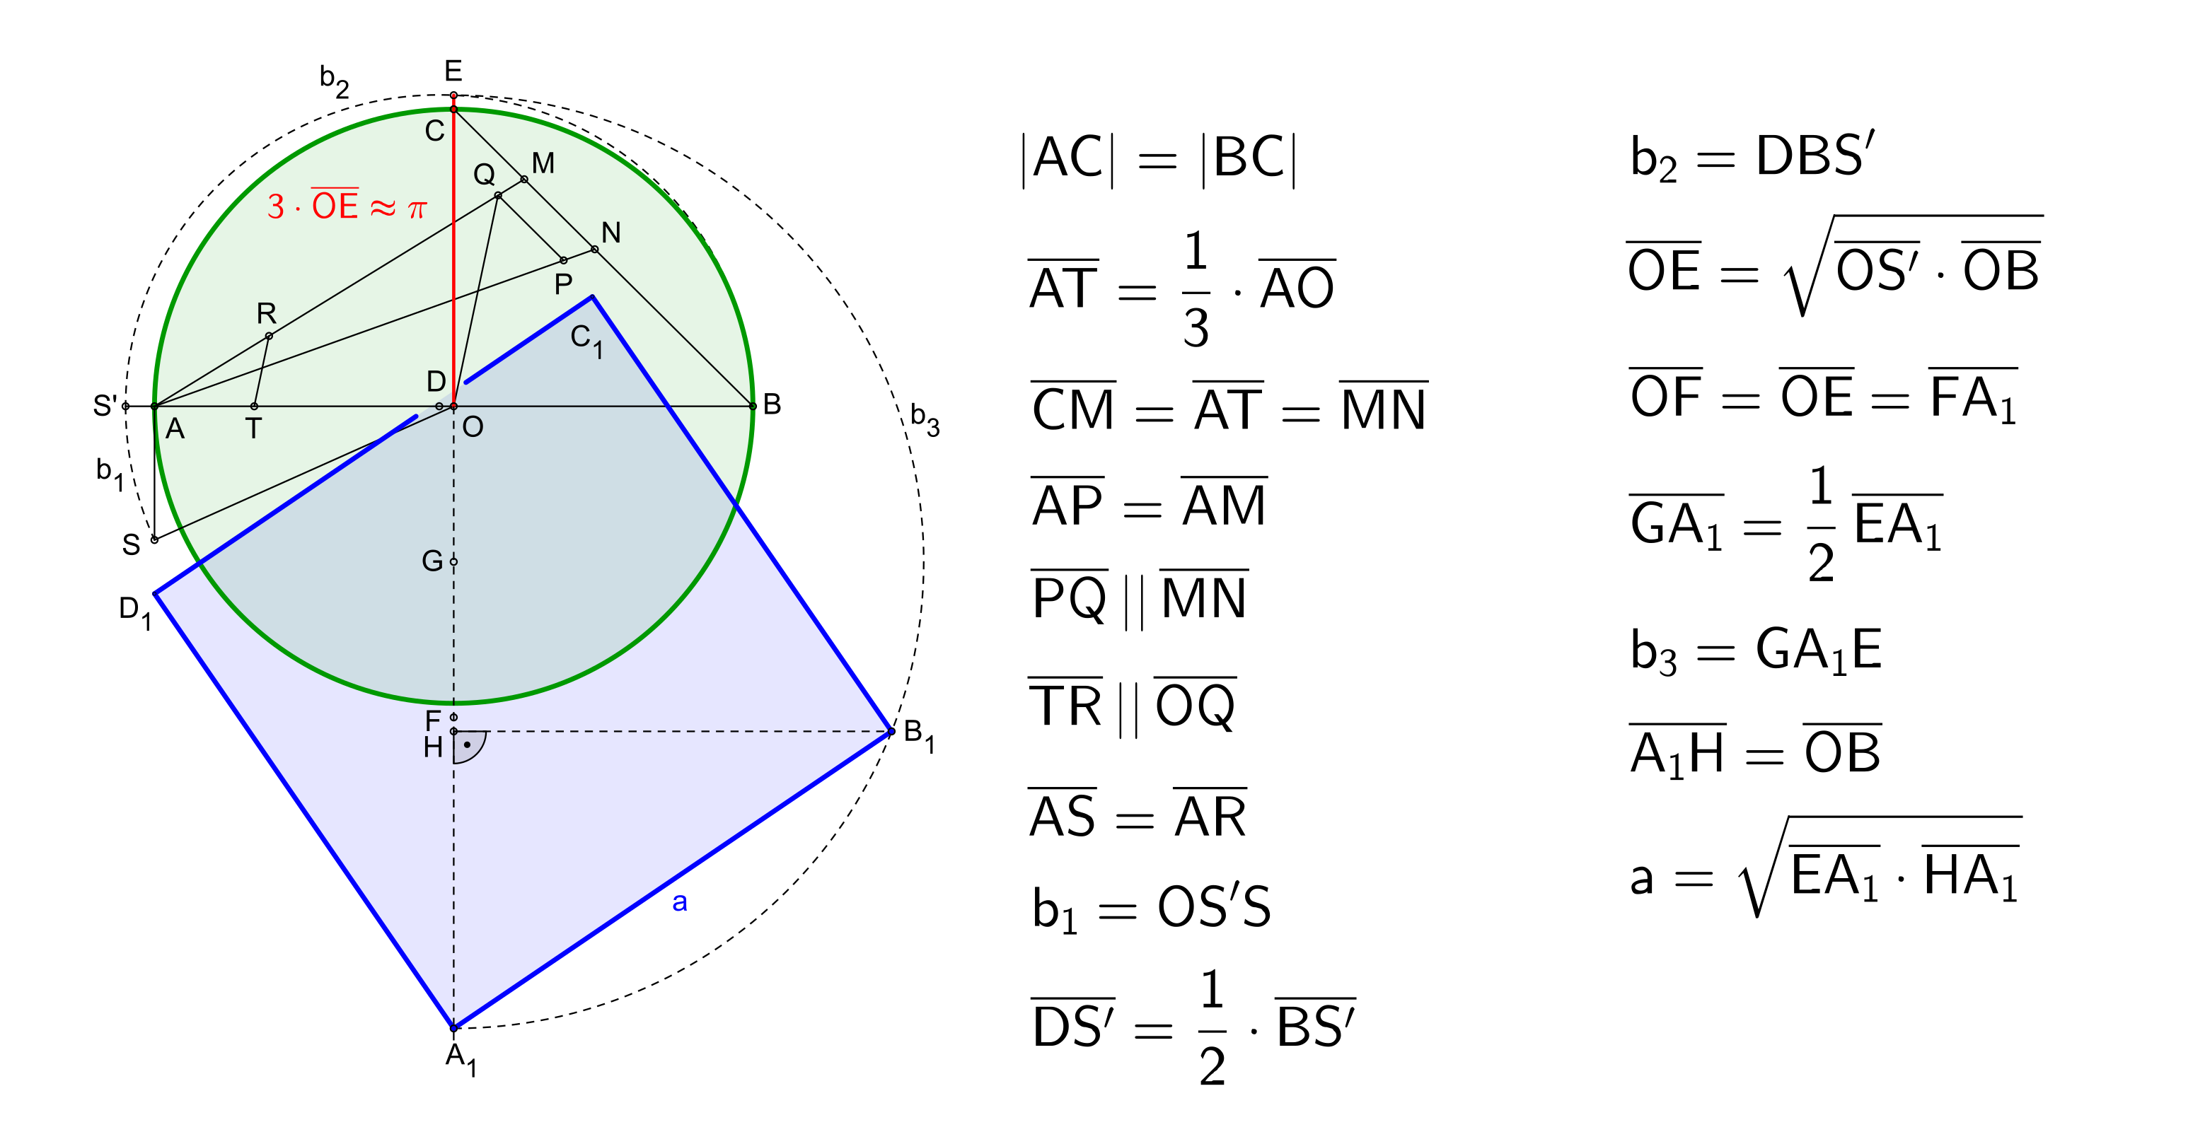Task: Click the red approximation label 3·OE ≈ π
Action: pyautogui.click(x=347, y=205)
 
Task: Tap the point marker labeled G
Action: pyautogui.click(x=453, y=562)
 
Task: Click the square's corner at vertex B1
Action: pyautogui.click(x=891, y=732)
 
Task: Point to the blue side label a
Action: pyautogui.click(x=680, y=902)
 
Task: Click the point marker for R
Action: pyautogui.click(x=269, y=337)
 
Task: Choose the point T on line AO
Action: pyautogui.click(x=254, y=407)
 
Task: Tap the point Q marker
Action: pyautogui.click(x=498, y=196)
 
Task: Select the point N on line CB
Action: pyautogui.click(x=595, y=250)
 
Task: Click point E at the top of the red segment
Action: pyautogui.click(x=453, y=95)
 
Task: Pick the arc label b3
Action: pyautogui.click(x=925, y=419)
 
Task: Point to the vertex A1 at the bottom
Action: pyautogui.click(x=453, y=1027)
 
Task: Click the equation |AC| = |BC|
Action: pyautogui.click(x=1159, y=159)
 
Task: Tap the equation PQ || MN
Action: pyautogui.click(x=1140, y=599)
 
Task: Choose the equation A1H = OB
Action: pyautogui.click(x=1756, y=752)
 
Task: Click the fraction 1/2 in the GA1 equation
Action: pyautogui.click(x=1821, y=525)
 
